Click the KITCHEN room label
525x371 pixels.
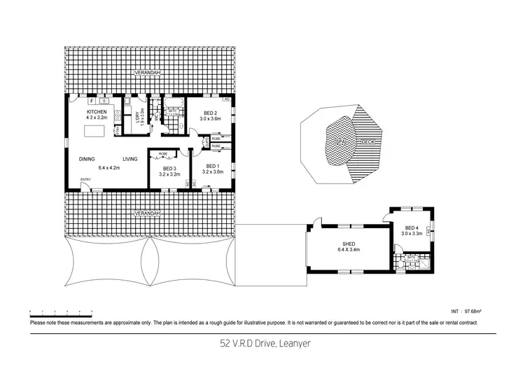point(97,113)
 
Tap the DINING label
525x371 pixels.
point(87,159)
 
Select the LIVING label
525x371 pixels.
point(130,159)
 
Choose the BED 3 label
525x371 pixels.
point(169,168)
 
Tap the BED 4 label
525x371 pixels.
point(413,227)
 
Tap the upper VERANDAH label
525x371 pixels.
point(148,72)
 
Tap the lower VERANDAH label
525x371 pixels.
point(148,212)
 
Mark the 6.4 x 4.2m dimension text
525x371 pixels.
point(108,167)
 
